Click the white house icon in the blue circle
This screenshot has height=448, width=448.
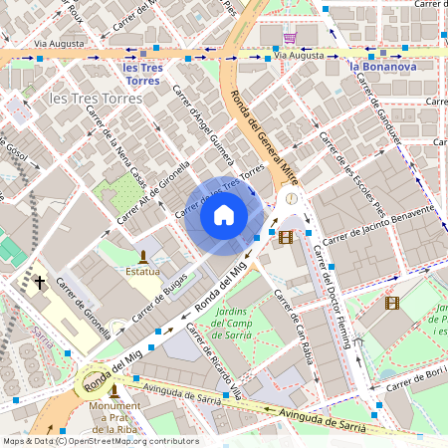[x=224, y=214]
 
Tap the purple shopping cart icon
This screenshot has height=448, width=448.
[x=290, y=38]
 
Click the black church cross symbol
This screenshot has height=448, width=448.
[x=41, y=283]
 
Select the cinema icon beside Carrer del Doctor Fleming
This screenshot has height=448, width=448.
[x=287, y=236]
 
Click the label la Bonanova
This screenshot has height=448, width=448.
[x=382, y=68]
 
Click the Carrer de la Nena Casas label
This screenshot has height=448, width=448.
[x=117, y=148]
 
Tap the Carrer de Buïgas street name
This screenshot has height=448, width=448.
[x=162, y=286]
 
